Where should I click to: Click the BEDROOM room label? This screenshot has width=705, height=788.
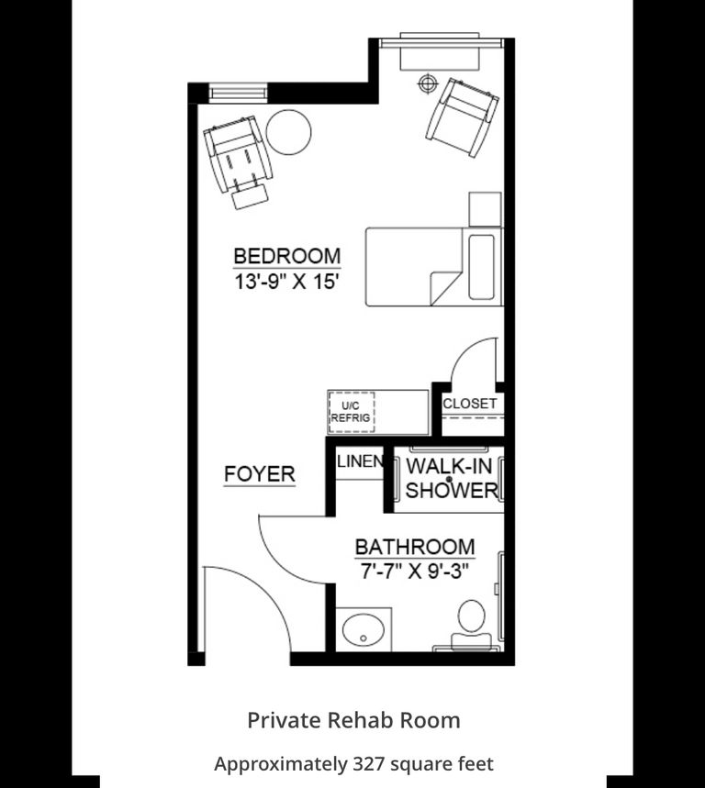pos(287,256)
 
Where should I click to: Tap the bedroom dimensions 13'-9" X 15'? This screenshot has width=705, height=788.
pos(285,282)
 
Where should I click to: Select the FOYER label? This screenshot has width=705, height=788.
pos(260,474)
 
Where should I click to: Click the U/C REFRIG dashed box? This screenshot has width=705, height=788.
pos(351,412)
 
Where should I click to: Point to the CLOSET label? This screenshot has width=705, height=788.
pos(470,404)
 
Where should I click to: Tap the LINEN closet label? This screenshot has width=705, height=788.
pos(360,461)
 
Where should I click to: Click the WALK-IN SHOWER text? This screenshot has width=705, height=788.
pos(451,479)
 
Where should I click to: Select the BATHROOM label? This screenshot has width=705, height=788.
pos(415,547)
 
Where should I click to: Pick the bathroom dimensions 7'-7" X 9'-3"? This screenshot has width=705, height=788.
pos(415,571)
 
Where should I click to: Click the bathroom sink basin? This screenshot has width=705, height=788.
pos(364,629)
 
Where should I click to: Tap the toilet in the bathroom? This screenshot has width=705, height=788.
pos(472,626)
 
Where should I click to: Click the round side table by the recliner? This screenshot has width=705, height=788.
pos(288,132)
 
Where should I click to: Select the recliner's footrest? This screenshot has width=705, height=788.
pos(250,196)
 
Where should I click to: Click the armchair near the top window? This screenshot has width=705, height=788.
pos(462,117)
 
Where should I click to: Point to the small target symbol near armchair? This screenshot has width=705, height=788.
pos(428,83)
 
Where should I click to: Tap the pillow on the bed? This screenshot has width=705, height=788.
pos(481,267)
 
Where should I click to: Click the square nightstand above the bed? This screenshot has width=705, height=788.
pos(485,209)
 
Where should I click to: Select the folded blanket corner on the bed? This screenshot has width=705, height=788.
pos(445,288)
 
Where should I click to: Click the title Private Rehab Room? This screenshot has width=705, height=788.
pos(353,720)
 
